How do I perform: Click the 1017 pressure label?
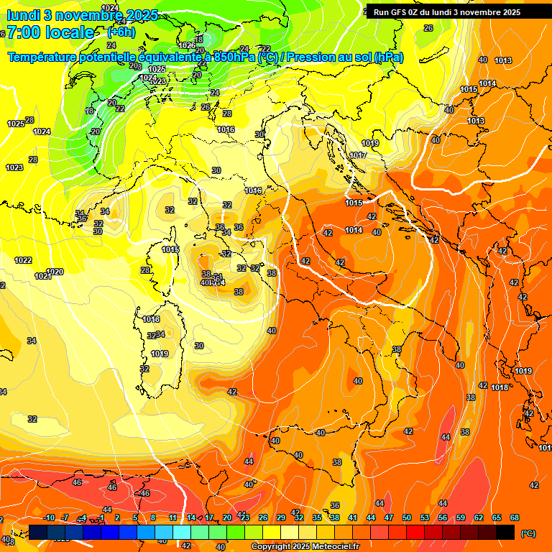click(358, 155)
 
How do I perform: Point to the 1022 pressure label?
click(23, 260)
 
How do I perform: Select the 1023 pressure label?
click(14, 167)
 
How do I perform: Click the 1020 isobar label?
click(55, 272)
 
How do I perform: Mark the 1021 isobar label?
click(43, 276)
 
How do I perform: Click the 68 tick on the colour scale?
click(515, 517)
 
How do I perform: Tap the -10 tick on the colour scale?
click(49, 517)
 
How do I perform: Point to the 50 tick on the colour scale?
click(407, 517)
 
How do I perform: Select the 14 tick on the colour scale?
click(191, 517)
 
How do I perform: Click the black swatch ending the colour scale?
click(505, 532)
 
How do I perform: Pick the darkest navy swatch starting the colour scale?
click(39, 532)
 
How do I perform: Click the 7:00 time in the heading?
click(24, 32)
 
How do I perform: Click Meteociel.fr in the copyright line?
click(339, 547)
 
